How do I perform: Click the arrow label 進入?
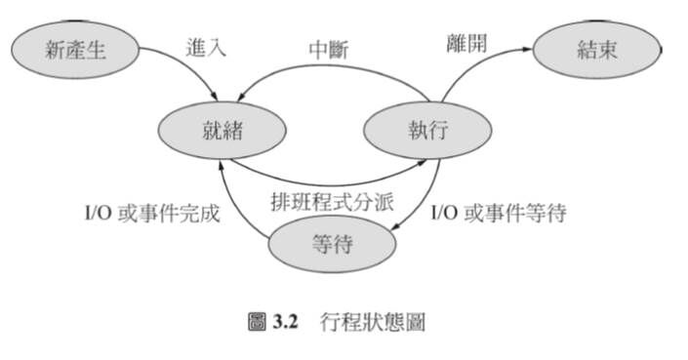207,47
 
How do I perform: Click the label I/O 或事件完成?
150,212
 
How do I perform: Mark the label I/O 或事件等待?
498,212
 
